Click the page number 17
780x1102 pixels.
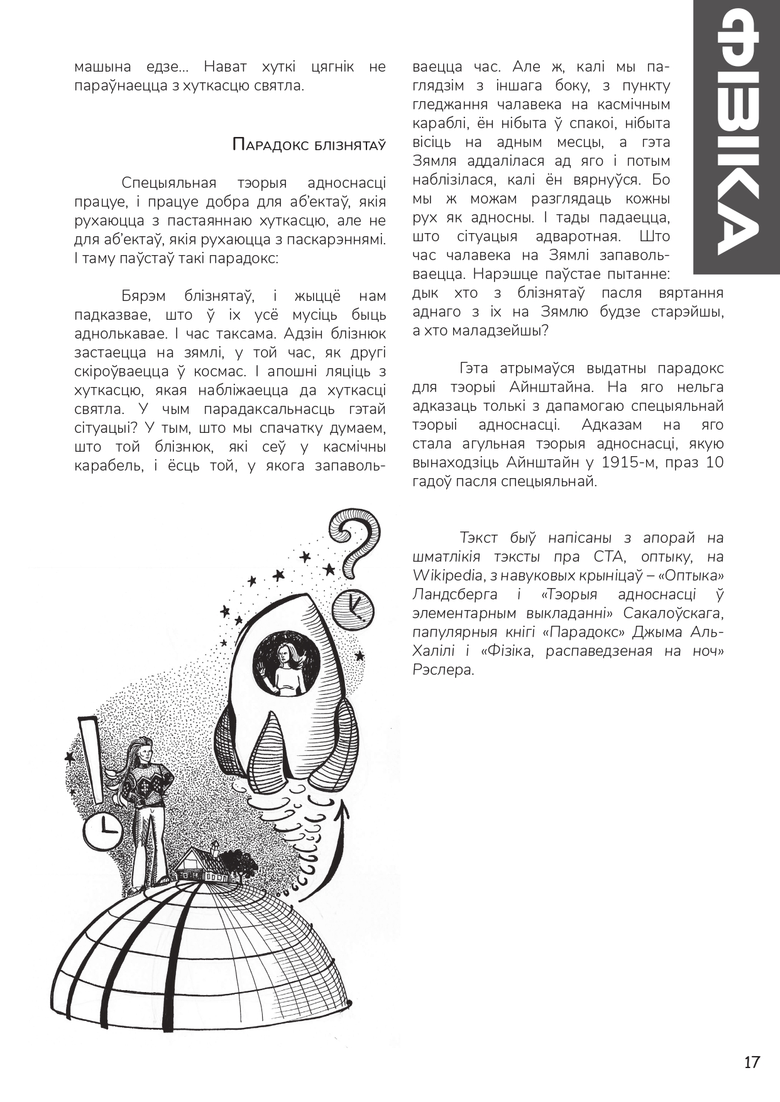(752, 1062)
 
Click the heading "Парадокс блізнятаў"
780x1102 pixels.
(309, 145)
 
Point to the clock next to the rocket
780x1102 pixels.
(353, 608)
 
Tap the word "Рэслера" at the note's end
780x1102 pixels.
(442, 670)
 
